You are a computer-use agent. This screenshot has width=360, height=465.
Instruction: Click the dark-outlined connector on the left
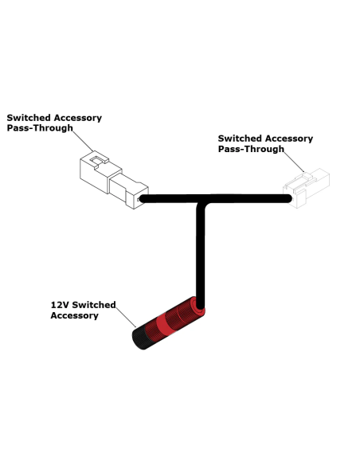(114, 180)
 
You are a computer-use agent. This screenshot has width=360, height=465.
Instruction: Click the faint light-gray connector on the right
(307, 188)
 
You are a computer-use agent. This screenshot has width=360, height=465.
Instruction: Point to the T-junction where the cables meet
(201, 199)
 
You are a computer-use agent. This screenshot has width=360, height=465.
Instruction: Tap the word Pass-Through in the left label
(40, 128)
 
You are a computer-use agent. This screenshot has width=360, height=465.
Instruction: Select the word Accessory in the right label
(289, 139)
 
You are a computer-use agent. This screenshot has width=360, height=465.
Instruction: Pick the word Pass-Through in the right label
(251, 149)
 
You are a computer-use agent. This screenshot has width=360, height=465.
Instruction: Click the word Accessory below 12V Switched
(74, 315)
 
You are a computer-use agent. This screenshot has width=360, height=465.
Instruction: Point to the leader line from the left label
(83, 141)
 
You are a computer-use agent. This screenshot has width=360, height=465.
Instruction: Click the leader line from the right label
(294, 162)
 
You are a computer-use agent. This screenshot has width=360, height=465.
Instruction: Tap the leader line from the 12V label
(126, 318)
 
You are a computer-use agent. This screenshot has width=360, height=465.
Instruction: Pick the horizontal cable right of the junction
(248, 198)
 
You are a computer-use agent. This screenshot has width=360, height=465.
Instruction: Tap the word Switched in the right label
(240, 139)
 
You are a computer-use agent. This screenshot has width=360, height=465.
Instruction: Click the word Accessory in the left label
(78, 118)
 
